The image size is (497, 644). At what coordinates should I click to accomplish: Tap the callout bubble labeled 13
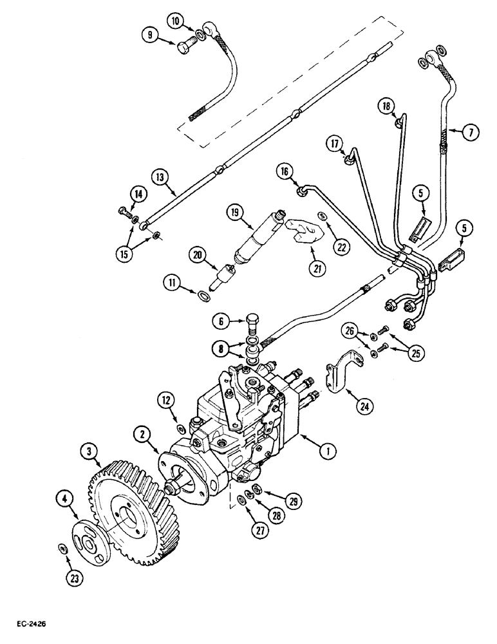(x=160, y=175)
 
